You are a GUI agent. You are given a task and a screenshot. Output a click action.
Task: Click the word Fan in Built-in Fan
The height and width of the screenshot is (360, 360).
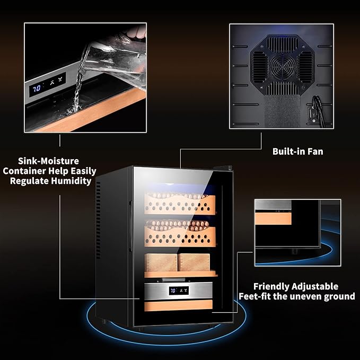(x=315, y=152)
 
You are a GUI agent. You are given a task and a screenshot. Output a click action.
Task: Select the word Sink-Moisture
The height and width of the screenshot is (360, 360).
(x=48, y=161)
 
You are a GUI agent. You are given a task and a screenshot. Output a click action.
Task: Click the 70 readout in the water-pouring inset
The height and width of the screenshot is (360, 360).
(x=37, y=88)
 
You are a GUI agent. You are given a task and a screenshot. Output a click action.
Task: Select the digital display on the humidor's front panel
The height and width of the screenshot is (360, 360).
(x=179, y=291)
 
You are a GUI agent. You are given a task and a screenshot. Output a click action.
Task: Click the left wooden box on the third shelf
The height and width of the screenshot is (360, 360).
(x=161, y=262)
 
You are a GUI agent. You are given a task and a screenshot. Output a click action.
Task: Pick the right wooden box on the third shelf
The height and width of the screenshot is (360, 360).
(x=194, y=262)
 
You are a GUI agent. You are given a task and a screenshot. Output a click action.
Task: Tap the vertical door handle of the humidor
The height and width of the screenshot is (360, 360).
(x=130, y=226)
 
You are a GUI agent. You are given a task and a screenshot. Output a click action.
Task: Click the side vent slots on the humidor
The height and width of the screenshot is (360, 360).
(x=98, y=220)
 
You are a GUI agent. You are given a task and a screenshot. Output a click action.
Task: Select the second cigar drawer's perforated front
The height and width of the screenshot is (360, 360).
(x=180, y=236)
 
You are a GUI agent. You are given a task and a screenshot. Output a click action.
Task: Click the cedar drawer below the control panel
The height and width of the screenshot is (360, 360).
(x=178, y=305)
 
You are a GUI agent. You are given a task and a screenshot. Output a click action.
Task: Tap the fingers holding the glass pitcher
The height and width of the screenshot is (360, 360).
(x=136, y=32)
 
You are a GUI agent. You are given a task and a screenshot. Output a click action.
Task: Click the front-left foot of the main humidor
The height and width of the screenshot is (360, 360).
(x=104, y=321)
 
